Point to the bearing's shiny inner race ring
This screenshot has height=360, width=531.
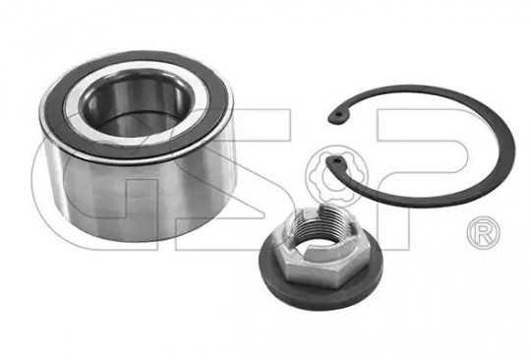click(78, 112)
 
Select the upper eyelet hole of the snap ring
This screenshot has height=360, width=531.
click(339, 115)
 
